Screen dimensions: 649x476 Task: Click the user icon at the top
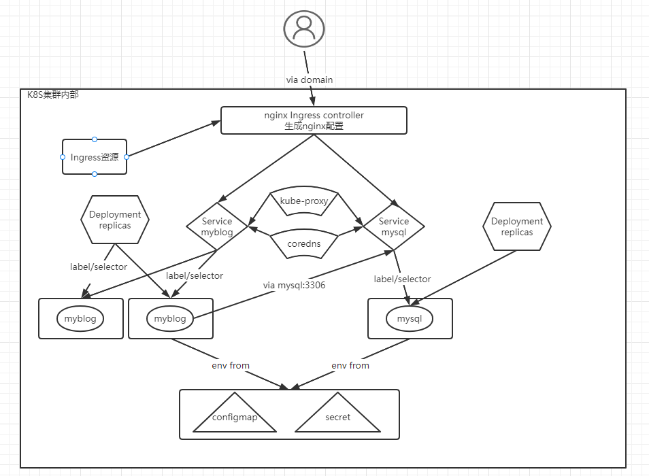(304, 29)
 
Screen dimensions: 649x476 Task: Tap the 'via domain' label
(309, 80)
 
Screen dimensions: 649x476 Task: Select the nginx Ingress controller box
(314, 120)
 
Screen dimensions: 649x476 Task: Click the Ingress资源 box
(95, 156)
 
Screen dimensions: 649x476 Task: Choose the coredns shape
(304, 244)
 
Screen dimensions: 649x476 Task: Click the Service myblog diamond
(217, 226)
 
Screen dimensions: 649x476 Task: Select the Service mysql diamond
(394, 226)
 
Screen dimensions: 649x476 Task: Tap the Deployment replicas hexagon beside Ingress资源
(115, 220)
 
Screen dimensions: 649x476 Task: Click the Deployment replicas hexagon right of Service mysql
(517, 226)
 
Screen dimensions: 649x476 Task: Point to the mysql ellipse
(410, 318)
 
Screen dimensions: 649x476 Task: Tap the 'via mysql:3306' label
(294, 285)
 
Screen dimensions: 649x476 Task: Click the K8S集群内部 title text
(53, 95)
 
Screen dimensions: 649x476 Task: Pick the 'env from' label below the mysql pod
(350, 365)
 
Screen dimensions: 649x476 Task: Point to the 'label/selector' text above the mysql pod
(402, 279)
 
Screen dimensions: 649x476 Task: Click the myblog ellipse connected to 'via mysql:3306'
(170, 318)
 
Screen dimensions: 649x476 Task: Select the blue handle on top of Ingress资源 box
(95, 139)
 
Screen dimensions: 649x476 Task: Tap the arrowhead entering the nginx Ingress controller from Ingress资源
(216, 123)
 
